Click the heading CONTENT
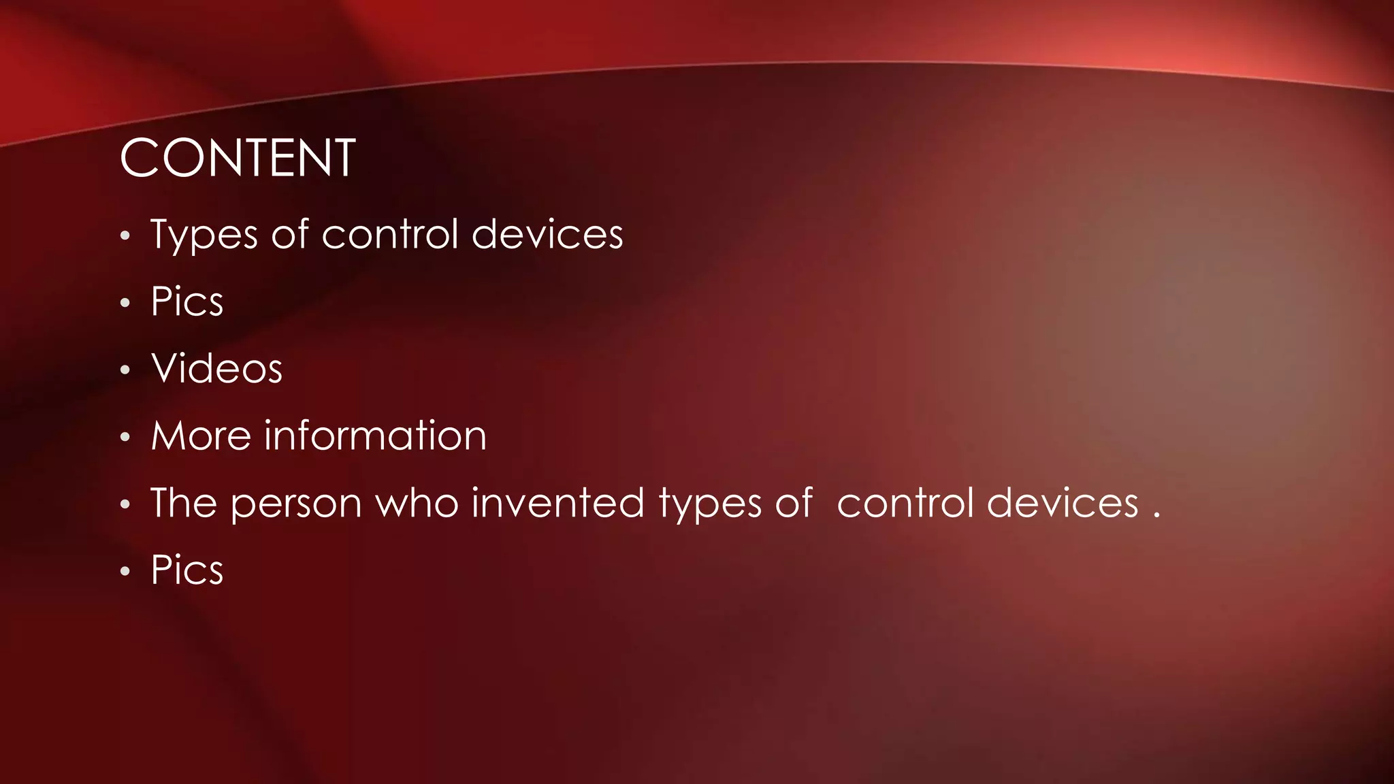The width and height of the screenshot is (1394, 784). click(x=237, y=158)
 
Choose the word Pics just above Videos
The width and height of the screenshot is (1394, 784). click(x=187, y=301)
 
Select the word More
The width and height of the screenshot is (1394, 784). click(x=201, y=436)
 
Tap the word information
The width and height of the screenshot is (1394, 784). click(x=375, y=436)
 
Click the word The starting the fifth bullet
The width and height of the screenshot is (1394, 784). click(x=184, y=503)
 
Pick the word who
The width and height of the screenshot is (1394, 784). click(x=417, y=503)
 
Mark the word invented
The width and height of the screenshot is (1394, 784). click(x=557, y=503)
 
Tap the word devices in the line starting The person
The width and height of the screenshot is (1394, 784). click(x=1063, y=503)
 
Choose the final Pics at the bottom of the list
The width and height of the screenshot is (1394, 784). click(x=187, y=570)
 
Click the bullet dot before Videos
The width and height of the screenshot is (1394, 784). click(x=125, y=370)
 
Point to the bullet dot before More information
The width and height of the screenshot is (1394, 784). click(x=125, y=438)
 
